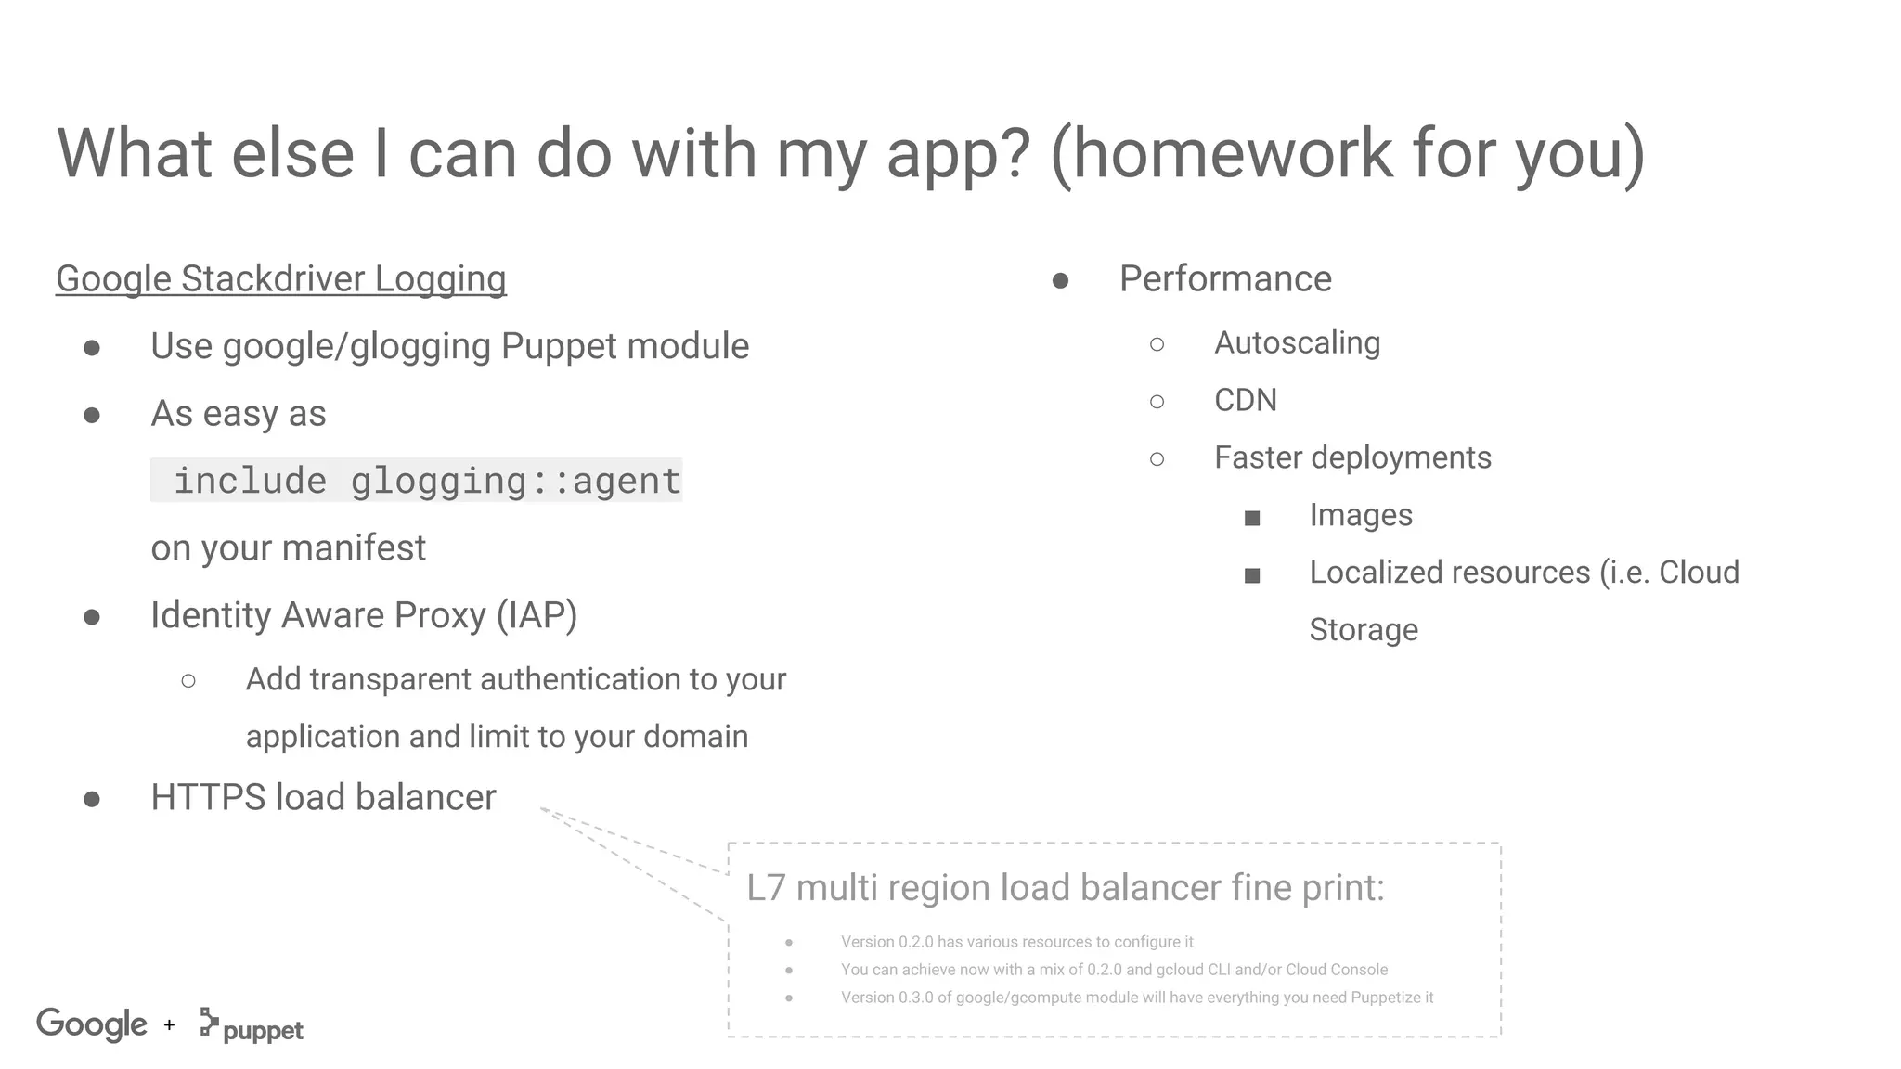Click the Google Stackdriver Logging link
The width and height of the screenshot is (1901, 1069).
coord(280,278)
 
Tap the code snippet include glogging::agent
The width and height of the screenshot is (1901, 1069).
coord(417,481)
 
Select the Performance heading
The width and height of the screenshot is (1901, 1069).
coord(1224,278)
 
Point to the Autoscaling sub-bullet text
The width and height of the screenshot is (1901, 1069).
coord(1296,342)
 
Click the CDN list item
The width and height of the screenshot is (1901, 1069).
coord(1245,400)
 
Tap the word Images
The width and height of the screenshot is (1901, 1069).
coord(1360,515)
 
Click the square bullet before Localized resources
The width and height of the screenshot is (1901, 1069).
coord(1251,575)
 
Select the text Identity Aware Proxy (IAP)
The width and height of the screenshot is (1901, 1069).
coord(364,615)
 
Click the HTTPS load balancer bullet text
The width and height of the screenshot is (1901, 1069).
coord(323,797)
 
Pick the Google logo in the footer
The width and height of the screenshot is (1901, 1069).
coord(92,1024)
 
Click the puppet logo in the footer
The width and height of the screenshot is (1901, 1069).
coord(252,1026)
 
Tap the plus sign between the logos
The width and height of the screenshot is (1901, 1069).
coord(169,1025)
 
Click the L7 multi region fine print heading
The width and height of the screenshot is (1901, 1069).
coord(1065,887)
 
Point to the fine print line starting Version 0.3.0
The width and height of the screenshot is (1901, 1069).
coord(1136,998)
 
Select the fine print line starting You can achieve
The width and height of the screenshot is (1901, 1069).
coord(1114,970)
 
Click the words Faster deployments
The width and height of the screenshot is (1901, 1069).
coord(1351,457)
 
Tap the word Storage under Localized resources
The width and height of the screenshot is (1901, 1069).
coord(1363,630)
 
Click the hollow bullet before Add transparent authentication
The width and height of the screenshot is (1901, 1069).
coord(188,681)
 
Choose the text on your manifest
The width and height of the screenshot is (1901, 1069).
coord(288,548)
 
